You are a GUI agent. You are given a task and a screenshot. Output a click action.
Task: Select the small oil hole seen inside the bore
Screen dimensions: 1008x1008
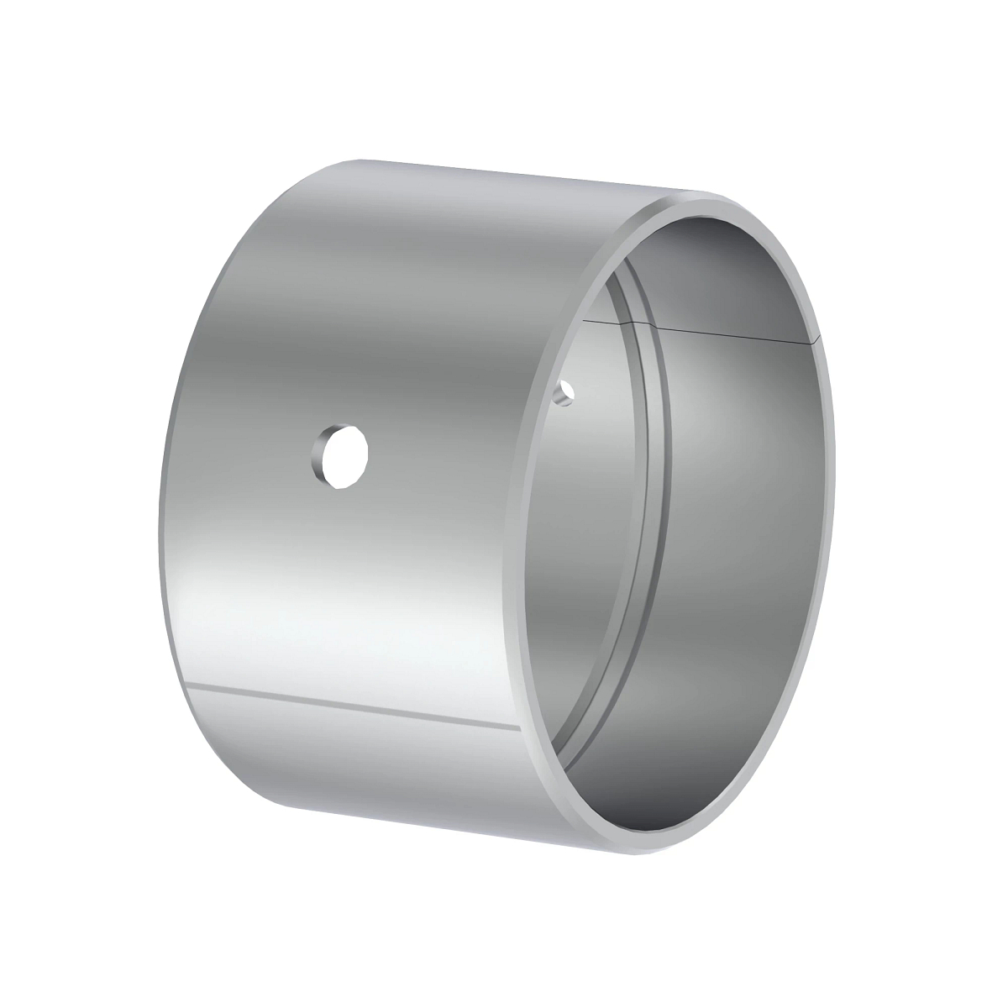[x=568, y=391]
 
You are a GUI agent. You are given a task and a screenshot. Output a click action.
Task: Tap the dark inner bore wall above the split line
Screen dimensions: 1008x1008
[x=714, y=269]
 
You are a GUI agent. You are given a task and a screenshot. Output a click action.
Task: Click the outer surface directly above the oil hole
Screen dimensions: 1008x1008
[x=344, y=336]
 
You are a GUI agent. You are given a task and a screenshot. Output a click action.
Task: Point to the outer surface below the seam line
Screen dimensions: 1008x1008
[x=353, y=756]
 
